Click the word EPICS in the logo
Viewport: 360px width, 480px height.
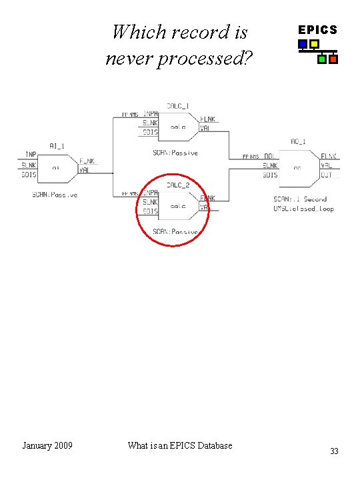(x=317, y=30)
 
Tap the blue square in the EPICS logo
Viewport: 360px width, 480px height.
(x=303, y=45)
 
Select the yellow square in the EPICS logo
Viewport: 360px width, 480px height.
(x=314, y=45)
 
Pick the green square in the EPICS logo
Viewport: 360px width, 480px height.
(x=322, y=59)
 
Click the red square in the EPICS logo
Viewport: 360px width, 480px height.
(x=333, y=59)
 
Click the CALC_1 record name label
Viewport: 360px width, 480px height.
(x=177, y=105)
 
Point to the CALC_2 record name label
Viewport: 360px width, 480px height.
(x=178, y=185)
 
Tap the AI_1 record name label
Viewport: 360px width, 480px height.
(x=56, y=145)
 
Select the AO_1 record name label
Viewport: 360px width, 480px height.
(x=298, y=141)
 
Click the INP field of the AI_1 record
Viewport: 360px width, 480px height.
(x=31, y=155)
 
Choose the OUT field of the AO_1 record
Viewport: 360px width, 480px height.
(x=327, y=175)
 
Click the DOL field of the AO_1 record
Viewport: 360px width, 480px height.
(x=269, y=156)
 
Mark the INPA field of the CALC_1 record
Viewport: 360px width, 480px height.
(x=150, y=113)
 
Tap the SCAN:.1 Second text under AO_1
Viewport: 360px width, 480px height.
(x=300, y=199)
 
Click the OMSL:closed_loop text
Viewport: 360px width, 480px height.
(x=304, y=209)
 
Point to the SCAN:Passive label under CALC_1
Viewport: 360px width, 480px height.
(x=175, y=153)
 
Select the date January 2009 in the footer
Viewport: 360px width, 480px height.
(x=47, y=445)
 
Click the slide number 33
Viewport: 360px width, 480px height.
(x=334, y=451)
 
